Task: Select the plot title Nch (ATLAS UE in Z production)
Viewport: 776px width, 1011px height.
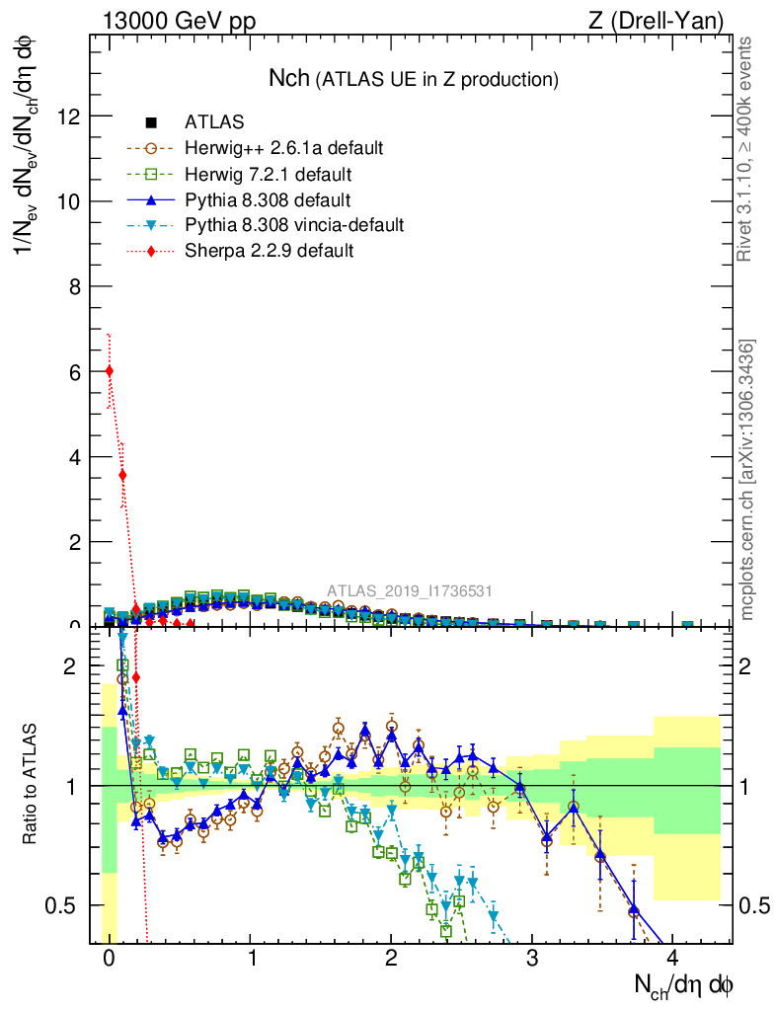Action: point(414,79)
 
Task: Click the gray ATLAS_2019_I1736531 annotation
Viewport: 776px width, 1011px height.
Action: point(410,591)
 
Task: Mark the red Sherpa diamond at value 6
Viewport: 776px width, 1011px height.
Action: point(109,371)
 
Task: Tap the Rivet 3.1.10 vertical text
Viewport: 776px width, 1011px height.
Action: point(745,150)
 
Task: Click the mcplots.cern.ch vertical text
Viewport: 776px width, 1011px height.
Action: point(747,480)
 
